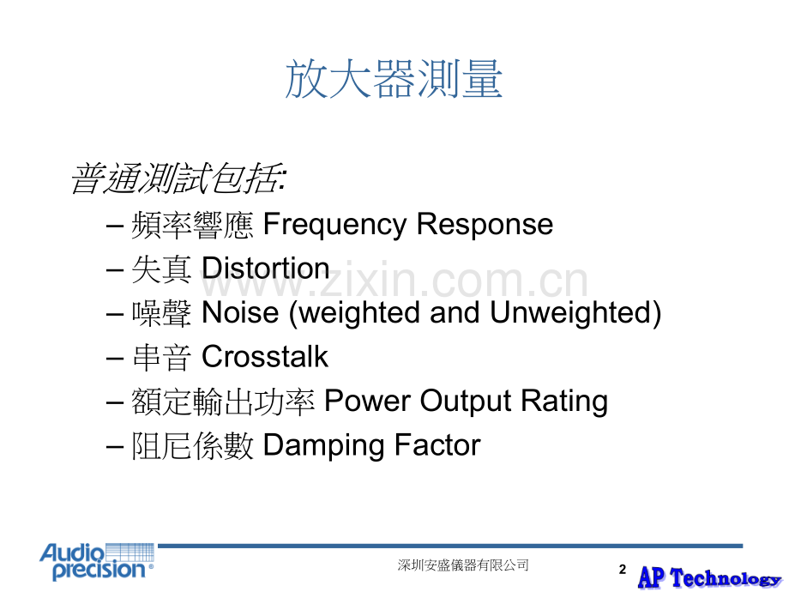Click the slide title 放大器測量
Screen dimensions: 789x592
click(x=394, y=79)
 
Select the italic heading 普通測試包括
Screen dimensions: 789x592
click(x=178, y=178)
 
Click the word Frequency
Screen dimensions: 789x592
click(x=334, y=225)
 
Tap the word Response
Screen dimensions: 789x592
click(x=485, y=225)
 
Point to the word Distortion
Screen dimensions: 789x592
click(x=265, y=268)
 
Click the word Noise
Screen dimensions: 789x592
click(x=240, y=312)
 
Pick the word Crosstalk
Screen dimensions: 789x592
click(x=265, y=356)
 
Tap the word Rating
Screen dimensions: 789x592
click(x=563, y=402)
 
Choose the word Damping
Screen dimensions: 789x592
click(x=323, y=446)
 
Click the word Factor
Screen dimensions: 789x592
click(x=437, y=445)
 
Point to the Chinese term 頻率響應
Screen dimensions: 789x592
click(x=192, y=225)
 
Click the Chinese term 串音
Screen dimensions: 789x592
click(x=161, y=357)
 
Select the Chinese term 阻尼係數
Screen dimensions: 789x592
click(x=192, y=445)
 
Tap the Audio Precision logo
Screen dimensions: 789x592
click(x=97, y=561)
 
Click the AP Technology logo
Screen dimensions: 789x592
click(x=709, y=577)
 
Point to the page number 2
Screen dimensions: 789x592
click(x=623, y=570)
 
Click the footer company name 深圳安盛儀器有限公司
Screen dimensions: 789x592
click(x=463, y=565)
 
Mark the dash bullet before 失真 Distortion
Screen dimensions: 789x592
click(x=115, y=269)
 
